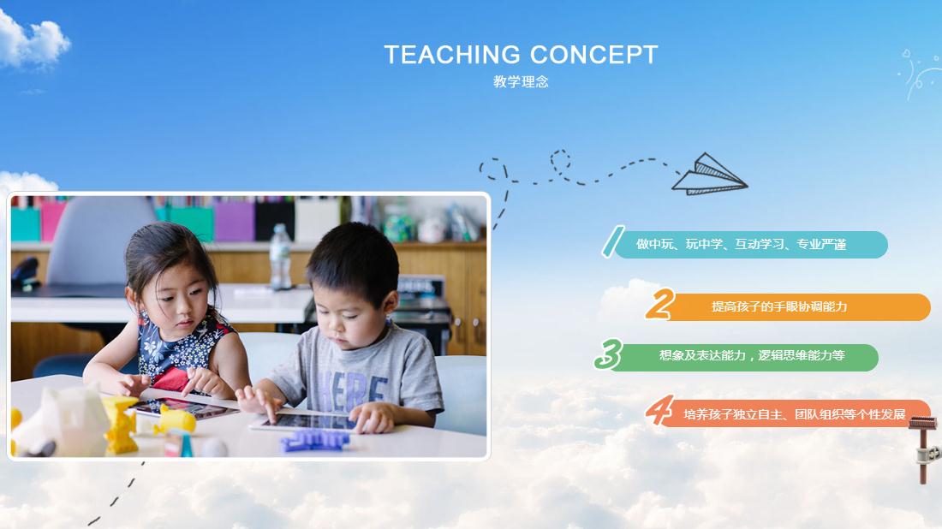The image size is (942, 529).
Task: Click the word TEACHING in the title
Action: [452, 55]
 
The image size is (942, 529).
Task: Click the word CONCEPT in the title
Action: [593, 55]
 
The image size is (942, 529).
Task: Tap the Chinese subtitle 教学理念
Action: [521, 82]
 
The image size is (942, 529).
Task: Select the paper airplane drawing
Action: [709, 174]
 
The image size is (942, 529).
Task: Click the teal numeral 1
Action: [611, 242]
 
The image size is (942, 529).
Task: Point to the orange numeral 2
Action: [659, 305]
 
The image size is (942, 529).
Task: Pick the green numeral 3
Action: [607, 354]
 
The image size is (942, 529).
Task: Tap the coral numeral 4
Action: [659, 411]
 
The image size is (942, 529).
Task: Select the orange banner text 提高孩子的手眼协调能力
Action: [779, 306]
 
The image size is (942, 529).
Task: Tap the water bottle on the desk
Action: [280, 257]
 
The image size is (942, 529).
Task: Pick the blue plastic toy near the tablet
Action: [314, 441]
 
